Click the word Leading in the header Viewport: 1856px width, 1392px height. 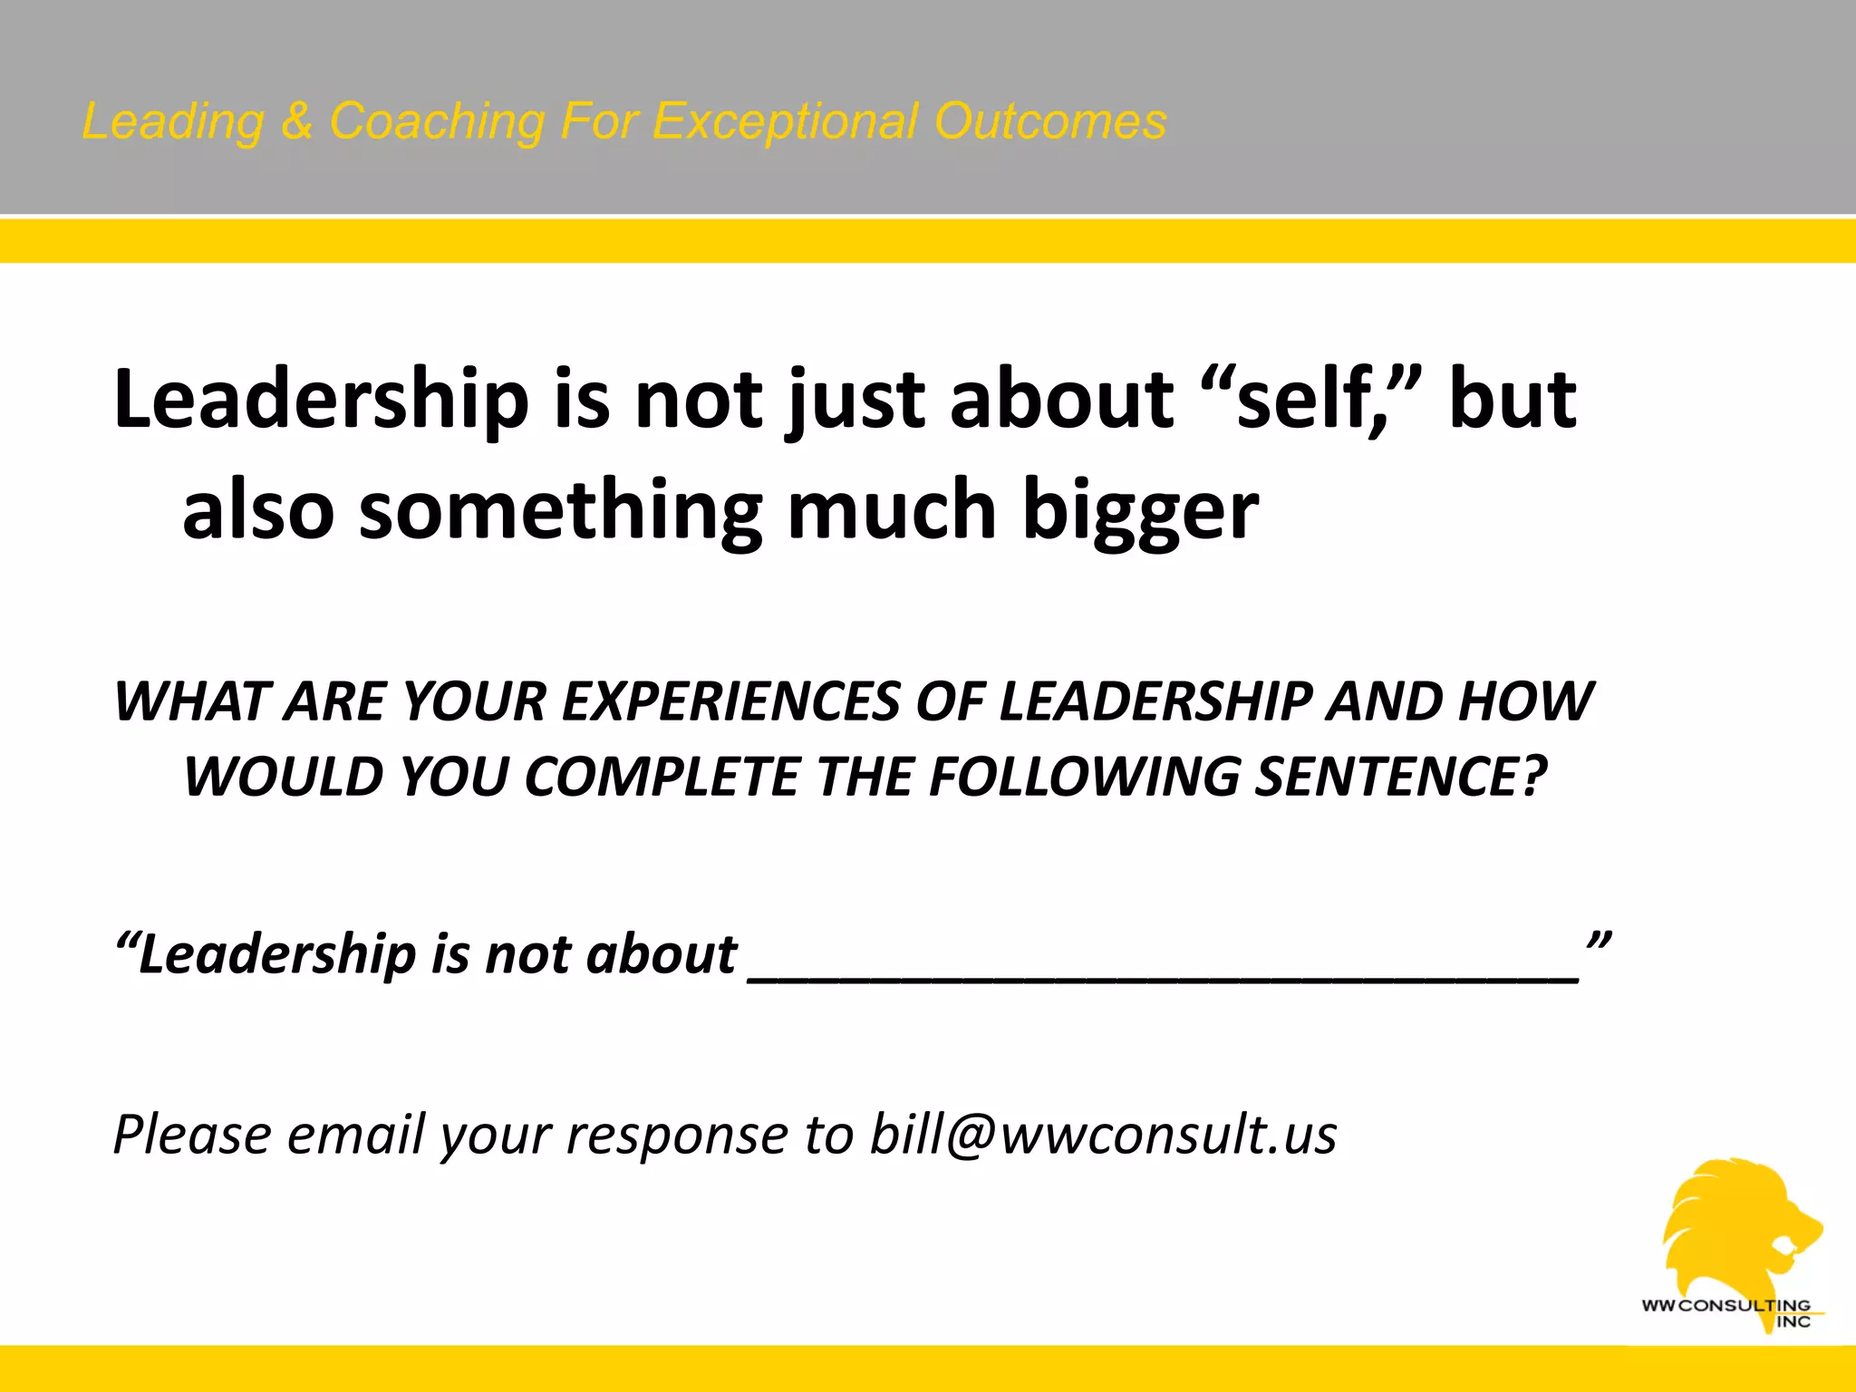173,122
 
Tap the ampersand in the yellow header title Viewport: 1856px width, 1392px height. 296,121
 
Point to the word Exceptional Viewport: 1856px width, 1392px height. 785,122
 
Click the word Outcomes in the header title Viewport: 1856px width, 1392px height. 1050,121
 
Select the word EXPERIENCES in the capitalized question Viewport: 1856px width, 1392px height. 729,702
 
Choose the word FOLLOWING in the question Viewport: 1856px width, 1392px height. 1083,778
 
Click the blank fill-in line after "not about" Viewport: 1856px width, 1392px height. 1165,974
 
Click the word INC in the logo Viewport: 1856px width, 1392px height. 1793,1322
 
